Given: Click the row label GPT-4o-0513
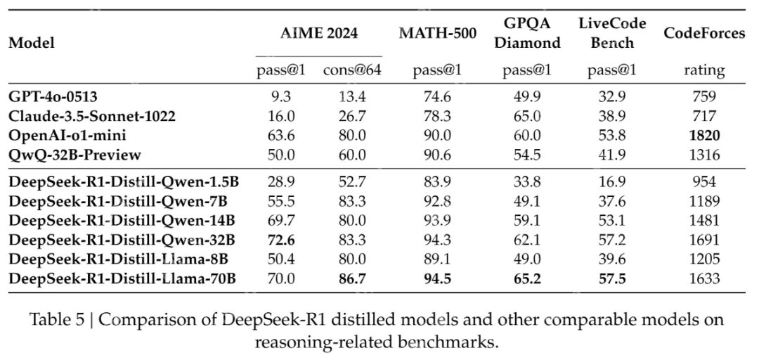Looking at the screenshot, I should tap(53, 97).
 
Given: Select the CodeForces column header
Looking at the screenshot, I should tap(703, 34).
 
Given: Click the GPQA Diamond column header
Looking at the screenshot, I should tap(528, 34).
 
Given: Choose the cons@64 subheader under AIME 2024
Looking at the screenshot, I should tap(351, 70).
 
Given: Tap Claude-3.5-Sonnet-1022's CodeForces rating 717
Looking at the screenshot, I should tap(703, 115).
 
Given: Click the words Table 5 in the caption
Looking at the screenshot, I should tap(58, 319).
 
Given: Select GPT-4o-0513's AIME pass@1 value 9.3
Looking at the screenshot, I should tap(275, 97).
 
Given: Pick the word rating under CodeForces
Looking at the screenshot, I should tap(703, 70).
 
